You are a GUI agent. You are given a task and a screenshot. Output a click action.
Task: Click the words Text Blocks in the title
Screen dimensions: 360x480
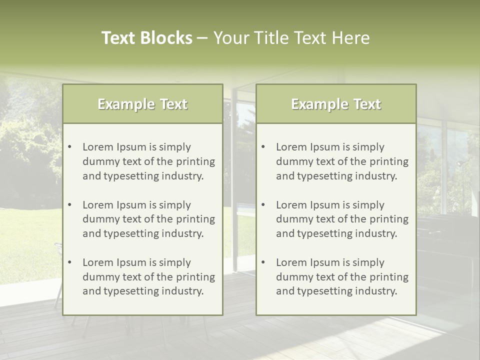(x=146, y=38)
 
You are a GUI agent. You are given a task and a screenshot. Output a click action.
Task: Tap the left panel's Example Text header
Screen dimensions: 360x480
(x=142, y=104)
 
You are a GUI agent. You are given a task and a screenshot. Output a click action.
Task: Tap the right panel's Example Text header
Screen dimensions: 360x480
(x=336, y=104)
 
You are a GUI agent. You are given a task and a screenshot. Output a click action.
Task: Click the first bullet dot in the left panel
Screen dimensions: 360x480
(x=70, y=147)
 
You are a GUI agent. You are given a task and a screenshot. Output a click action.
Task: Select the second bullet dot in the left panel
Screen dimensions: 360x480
(x=70, y=205)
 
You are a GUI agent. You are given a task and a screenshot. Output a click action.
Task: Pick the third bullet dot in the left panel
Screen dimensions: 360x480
(x=70, y=262)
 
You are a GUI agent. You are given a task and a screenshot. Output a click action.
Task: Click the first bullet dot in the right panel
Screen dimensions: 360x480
(x=263, y=147)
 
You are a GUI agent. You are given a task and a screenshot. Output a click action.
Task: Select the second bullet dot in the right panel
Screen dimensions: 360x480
(x=263, y=205)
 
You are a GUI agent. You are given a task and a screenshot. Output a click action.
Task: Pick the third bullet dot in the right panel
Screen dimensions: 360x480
(x=263, y=262)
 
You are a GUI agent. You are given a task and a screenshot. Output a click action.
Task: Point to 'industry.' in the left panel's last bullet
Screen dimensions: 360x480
(x=183, y=291)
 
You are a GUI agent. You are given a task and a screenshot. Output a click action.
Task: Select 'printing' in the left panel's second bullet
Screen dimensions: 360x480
(x=196, y=219)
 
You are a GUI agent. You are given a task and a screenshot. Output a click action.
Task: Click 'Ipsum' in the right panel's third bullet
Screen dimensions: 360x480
(x=325, y=262)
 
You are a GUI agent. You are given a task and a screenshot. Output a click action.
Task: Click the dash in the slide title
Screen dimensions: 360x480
(x=202, y=38)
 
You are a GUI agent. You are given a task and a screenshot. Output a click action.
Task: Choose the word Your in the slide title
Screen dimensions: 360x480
(x=230, y=38)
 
